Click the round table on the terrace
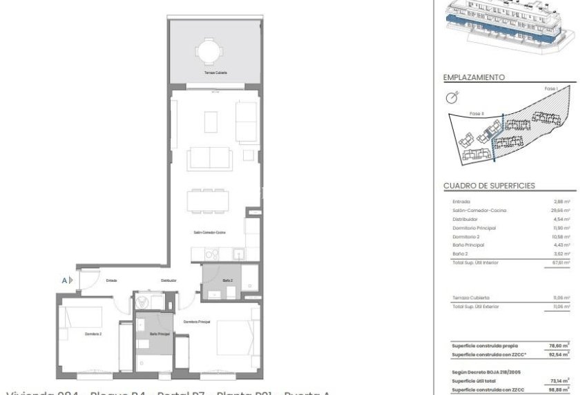(207, 50)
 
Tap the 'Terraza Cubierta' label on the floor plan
(215, 73)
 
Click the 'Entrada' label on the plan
(111, 280)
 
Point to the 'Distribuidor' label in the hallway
(169, 280)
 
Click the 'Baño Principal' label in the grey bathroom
(160, 334)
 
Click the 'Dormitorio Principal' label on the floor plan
(196, 322)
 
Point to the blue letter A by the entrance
(64, 280)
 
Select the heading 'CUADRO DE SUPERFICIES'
(489, 186)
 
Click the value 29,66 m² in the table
(561, 210)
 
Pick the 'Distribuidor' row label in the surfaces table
(464, 219)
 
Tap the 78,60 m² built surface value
(560, 345)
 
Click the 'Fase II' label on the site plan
(477, 113)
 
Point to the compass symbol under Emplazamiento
(453, 97)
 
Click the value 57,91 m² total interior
(561, 262)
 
